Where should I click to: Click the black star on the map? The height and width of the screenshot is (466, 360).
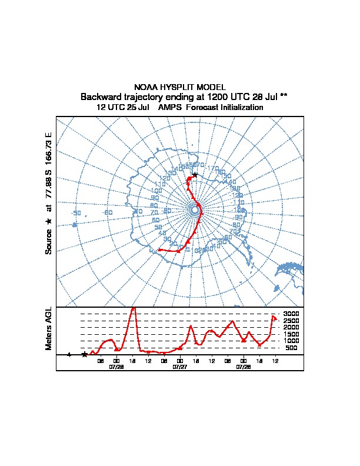coord(195,174)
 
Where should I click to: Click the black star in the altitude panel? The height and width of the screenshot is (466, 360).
coord(85,354)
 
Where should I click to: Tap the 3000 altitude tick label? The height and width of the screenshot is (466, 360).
coord(291,314)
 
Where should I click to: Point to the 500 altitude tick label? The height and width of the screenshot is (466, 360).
coord(292,348)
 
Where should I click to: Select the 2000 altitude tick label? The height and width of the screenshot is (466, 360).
coord(291,327)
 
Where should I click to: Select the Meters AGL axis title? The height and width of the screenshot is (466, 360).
coord(49,328)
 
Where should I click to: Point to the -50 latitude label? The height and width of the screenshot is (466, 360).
coord(75,212)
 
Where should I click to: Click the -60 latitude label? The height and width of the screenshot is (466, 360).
coord(106,212)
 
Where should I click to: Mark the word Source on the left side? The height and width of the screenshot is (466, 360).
coord(49,241)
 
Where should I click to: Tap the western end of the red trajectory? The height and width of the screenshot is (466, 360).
coord(159,250)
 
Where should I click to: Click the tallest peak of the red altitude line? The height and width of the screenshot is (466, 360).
coord(134,308)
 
